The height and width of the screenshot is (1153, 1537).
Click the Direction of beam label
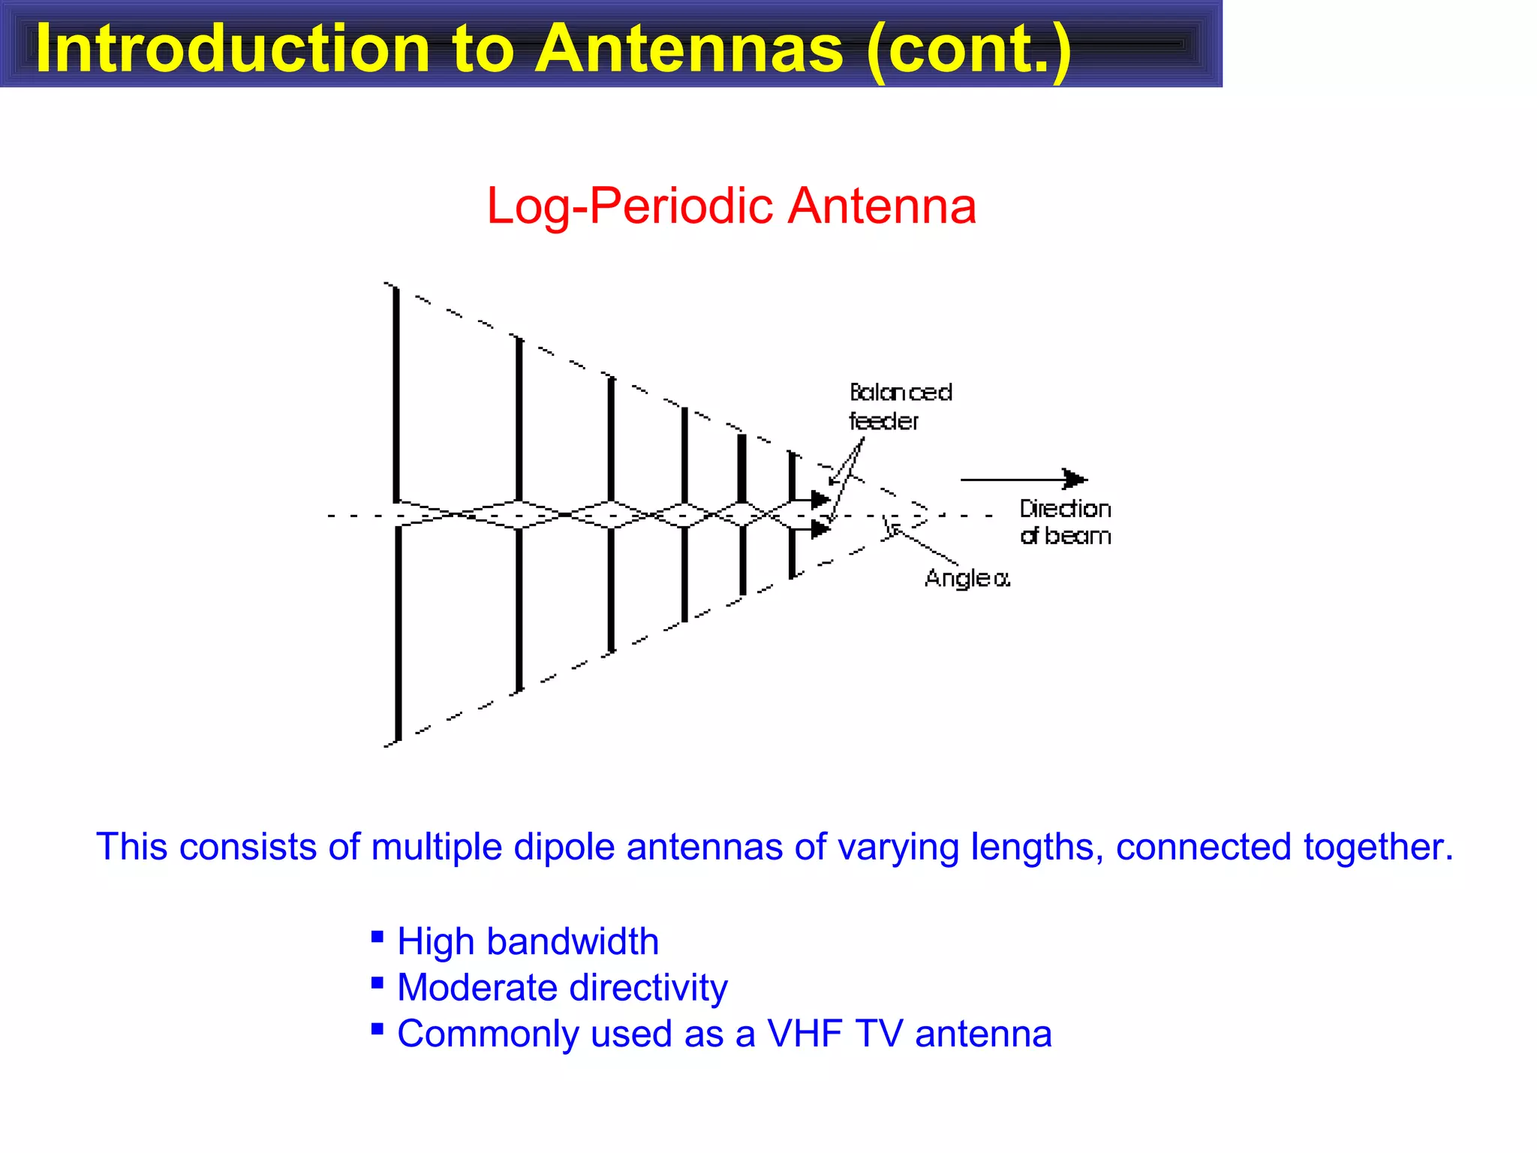click(1064, 522)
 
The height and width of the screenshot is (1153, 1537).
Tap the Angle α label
click(967, 578)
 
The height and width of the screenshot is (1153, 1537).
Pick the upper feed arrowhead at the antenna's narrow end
click(821, 499)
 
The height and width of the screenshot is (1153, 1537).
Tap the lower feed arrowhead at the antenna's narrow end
click(821, 529)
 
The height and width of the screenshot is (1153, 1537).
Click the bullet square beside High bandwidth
click(377, 936)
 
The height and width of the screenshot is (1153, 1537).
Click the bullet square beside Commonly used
click(377, 1028)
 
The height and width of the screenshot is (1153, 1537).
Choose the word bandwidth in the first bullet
click(573, 941)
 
